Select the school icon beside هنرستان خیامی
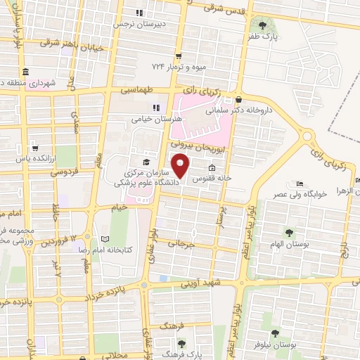point(156,108)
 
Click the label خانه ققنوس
point(229,179)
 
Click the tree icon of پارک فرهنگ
point(182,343)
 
